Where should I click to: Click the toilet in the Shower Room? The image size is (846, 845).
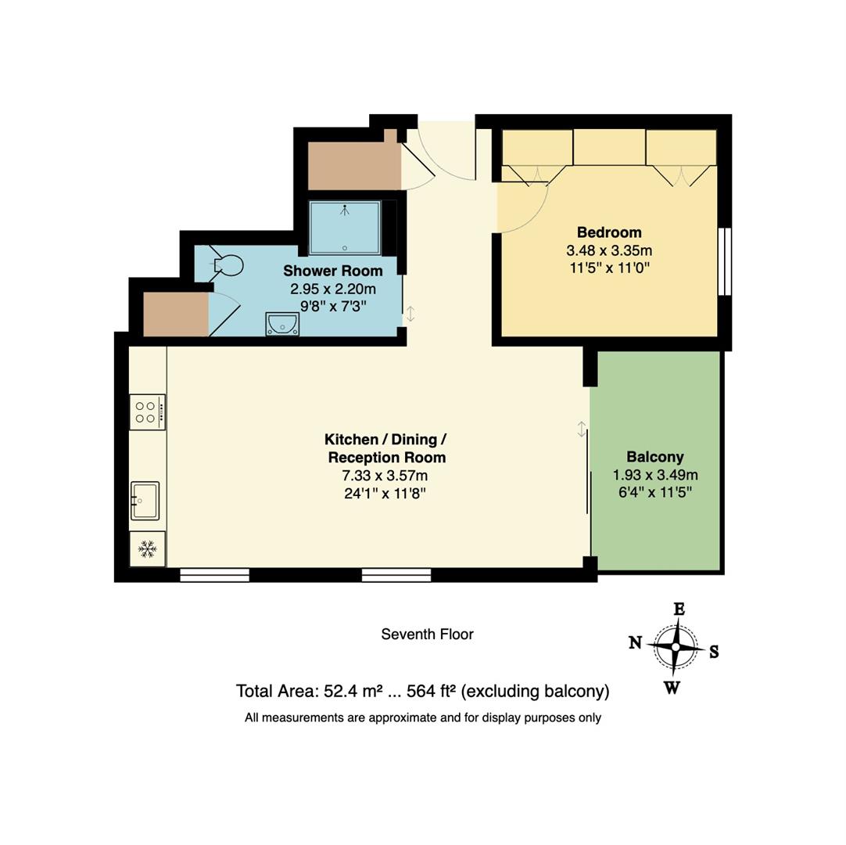227,266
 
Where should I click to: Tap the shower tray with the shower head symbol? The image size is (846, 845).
345,228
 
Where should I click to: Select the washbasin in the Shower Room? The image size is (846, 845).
281,324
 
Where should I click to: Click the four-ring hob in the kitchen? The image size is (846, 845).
147,412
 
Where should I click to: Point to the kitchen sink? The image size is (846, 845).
145,500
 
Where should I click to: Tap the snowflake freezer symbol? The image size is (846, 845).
147,549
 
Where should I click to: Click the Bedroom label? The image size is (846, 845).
609,232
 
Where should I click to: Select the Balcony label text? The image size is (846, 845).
654,457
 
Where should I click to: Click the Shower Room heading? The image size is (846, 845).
332,271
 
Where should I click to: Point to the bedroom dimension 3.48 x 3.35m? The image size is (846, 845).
609,250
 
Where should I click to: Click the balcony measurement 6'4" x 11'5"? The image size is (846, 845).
654,492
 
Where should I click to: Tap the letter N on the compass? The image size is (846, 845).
635,642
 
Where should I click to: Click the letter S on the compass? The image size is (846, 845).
714,652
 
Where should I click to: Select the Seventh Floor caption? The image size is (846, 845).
427,635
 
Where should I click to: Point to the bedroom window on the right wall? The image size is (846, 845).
725,261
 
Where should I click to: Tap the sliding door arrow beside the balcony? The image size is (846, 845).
582,429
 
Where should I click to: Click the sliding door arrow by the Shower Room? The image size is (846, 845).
410,314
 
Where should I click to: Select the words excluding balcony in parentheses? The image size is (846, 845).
536,692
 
